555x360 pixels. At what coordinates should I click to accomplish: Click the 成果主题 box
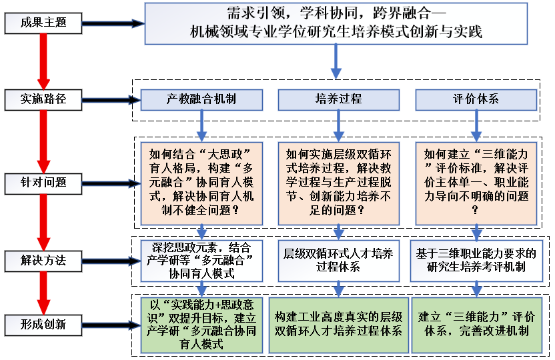pos(44,23)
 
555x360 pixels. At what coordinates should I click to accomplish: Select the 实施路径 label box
pos(44,100)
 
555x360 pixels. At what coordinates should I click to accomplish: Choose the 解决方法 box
pos(44,259)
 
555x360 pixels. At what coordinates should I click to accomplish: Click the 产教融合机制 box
pos(201,100)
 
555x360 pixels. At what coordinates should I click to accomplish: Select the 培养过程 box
pos(338,100)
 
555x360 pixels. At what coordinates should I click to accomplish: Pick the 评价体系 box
pos(476,100)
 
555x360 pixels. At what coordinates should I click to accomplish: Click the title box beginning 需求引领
pos(336,24)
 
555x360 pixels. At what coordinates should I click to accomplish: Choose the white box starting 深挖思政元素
pos(201,259)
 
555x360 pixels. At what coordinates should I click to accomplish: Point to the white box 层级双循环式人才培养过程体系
pos(338,259)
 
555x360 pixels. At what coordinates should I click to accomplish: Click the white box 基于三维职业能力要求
pos(476,259)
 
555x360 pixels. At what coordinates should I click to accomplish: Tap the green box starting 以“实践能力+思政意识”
pos(201,324)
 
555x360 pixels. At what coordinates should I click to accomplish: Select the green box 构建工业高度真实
pos(338,324)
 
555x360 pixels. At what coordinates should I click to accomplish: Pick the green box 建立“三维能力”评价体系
pos(476,324)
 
